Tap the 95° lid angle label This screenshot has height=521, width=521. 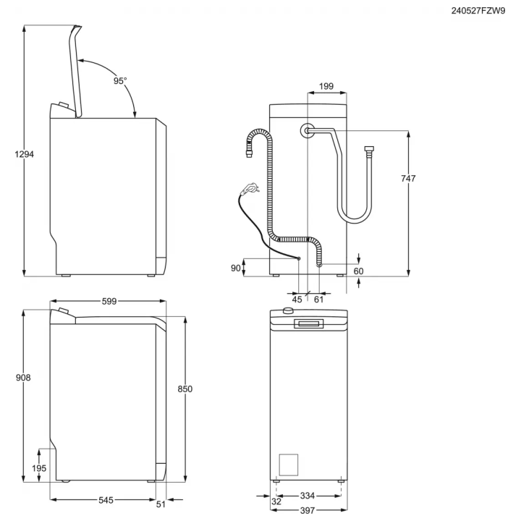coord(120,81)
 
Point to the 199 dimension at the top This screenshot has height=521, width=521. coord(326,87)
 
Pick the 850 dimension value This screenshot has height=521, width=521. coord(185,389)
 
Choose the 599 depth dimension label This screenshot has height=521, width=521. coord(109,301)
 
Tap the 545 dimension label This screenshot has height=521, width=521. coord(106,500)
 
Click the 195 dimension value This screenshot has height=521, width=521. coord(39,468)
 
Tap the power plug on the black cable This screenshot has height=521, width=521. coord(250,189)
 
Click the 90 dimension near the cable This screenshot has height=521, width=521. coord(235,268)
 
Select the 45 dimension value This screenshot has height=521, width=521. coord(297,299)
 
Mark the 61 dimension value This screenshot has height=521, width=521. coord(318,299)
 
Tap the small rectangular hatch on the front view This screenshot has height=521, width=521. coord(289,464)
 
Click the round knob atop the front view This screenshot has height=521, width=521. coord(288,310)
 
